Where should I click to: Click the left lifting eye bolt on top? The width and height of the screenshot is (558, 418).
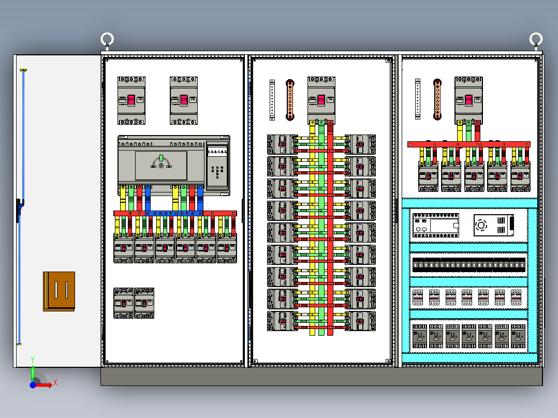[x=107, y=39]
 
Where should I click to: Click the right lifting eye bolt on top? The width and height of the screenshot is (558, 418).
[x=536, y=39]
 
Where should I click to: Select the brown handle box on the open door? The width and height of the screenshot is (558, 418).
[x=59, y=291]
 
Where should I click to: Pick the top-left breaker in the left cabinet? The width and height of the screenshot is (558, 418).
[x=131, y=100]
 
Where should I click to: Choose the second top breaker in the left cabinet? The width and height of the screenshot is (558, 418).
[x=184, y=100]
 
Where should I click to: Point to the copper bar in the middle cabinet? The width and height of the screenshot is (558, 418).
[x=290, y=100]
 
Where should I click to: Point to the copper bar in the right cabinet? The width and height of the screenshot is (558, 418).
[x=437, y=99]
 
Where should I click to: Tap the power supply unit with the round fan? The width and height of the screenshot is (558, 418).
[x=494, y=225]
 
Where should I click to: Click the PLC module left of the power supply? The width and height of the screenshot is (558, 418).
[x=436, y=225]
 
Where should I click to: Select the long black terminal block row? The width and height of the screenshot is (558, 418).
[x=469, y=265]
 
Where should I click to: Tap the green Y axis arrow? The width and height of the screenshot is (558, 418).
[x=33, y=371]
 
